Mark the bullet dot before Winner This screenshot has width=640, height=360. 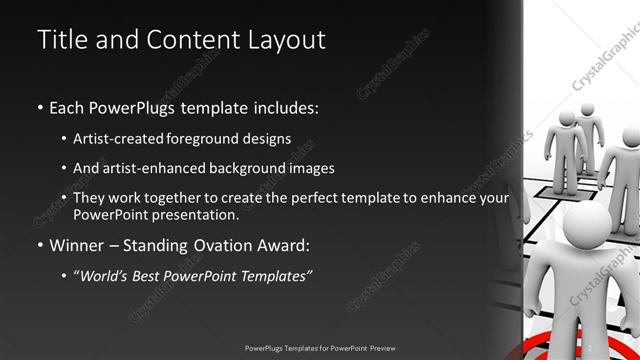[39, 245]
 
